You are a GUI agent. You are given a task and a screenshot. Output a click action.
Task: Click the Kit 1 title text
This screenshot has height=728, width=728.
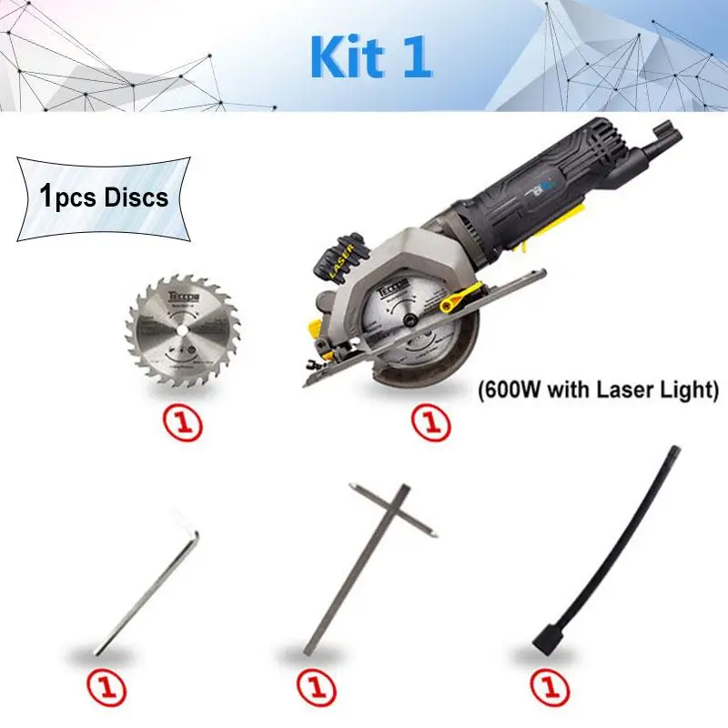coord(370,56)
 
